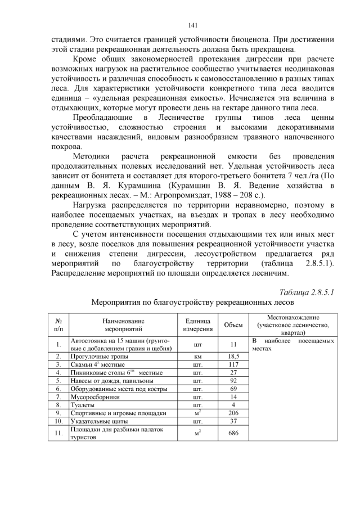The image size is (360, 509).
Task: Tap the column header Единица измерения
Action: pyautogui.click(x=197, y=325)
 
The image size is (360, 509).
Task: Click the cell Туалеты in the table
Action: pyautogui.click(x=82, y=404)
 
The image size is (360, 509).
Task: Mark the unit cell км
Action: pyautogui.click(x=197, y=357)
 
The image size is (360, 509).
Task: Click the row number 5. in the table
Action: pyautogui.click(x=58, y=381)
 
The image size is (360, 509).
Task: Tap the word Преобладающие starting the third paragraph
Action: pyautogui.click(x=101, y=117)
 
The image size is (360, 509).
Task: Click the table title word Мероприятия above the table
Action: pyautogui.click(x=118, y=302)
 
